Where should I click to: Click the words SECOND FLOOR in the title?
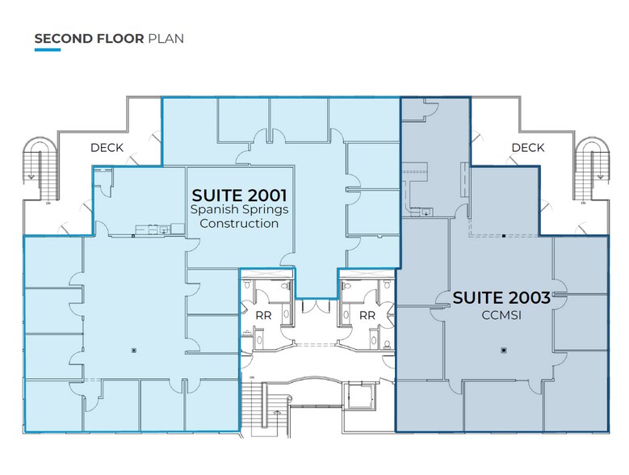pyautogui.click(x=89, y=38)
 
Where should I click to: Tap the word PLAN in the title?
pyautogui.click(x=166, y=38)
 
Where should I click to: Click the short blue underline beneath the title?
pyautogui.click(x=48, y=50)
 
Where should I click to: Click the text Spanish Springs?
pyautogui.click(x=239, y=209)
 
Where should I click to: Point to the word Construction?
pyautogui.click(x=239, y=223)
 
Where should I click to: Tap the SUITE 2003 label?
pyautogui.click(x=501, y=297)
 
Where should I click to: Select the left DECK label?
pyautogui.click(x=107, y=148)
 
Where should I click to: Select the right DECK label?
pyautogui.click(x=527, y=148)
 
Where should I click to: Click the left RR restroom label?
pyautogui.click(x=263, y=315)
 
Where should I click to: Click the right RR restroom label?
pyautogui.click(x=367, y=315)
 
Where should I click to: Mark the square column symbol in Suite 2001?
pyautogui.click(x=134, y=351)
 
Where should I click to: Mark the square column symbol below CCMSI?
pyautogui.click(x=503, y=351)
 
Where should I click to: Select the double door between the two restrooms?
pyautogui.click(x=315, y=308)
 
